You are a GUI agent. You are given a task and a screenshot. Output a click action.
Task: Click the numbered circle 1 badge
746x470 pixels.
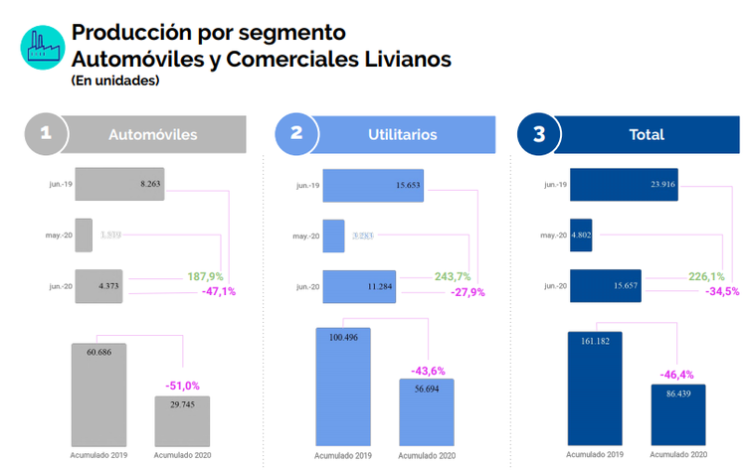click(x=45, y=135)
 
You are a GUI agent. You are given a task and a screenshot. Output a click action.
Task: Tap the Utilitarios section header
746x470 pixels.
click(x=402, y=135)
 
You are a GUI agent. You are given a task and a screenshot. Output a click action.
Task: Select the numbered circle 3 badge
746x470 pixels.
click(x=539, y=135)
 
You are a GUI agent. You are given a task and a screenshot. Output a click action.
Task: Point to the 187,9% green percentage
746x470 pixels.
click(x=205, y=277)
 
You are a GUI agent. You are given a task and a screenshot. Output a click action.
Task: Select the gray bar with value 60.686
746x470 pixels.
click(x=98, y=393)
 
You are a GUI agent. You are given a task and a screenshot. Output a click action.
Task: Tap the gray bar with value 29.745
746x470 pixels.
click(x=182, y=419)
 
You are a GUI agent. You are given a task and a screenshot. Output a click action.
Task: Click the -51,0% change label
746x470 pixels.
click(x=182, y=385)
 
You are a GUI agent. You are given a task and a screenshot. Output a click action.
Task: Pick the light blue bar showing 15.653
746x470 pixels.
click(x=373, y=185)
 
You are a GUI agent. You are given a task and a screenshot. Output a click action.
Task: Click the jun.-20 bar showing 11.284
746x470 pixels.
click(x=359, y=287)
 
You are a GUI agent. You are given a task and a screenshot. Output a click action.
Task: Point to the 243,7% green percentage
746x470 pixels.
click(x=452, y=277)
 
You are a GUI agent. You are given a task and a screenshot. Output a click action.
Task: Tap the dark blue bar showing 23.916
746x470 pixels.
click(x=624, y=184)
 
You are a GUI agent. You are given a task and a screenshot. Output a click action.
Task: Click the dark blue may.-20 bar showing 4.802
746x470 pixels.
click(x=581, y=235)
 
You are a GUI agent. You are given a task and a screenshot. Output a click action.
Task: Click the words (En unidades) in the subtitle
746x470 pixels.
click(x=114, y=81)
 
